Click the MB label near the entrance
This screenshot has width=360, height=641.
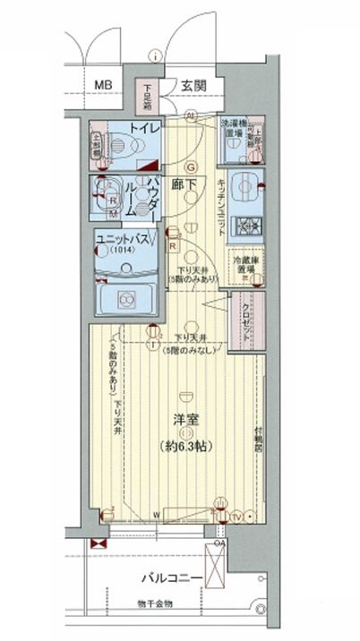point(104,86)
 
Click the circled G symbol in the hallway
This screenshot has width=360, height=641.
point(190,167)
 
